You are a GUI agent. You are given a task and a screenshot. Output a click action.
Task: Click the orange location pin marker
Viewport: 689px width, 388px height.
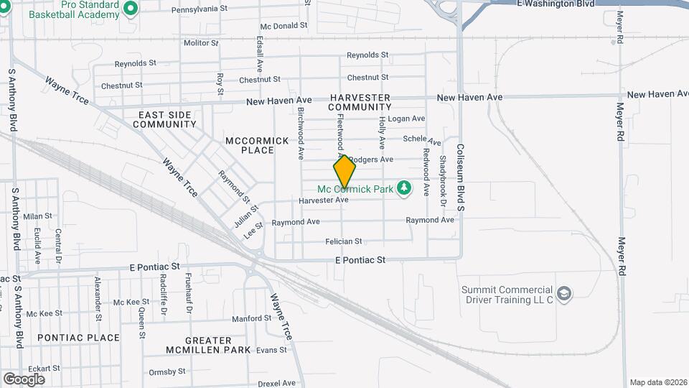click(344, 172)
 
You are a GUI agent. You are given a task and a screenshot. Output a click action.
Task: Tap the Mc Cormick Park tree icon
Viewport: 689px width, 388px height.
click(405, 188)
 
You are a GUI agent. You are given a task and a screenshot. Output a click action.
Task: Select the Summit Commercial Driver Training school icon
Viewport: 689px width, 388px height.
click(564, 293)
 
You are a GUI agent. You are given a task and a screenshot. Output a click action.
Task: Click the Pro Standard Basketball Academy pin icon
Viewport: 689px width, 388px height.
click(130, 9)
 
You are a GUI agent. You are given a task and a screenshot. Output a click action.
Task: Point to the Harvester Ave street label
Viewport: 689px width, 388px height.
click(323, 200)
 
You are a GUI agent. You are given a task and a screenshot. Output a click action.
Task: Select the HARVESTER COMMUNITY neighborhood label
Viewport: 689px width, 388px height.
click(360, 102)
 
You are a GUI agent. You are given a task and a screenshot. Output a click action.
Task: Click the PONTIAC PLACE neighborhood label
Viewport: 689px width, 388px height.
click(78, 338)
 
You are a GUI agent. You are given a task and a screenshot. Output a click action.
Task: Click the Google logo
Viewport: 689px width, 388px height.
click(24, 379)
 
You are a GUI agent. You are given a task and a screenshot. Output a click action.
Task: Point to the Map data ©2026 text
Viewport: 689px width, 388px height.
click(657, 382)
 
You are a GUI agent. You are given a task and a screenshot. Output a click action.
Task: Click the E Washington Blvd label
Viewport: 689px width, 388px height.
click(556, 4)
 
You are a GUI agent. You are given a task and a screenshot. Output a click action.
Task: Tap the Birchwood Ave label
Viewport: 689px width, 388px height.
click(301, 134)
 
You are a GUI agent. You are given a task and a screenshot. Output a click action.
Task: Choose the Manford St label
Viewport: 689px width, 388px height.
click(251, 318)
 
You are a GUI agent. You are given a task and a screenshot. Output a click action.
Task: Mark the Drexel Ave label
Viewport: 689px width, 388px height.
click(276, 383)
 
